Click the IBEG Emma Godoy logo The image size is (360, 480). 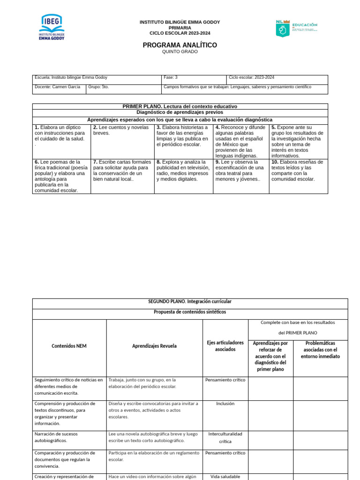point(52,27)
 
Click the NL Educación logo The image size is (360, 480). point(296,28)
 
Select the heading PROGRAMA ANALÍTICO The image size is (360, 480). point(180,45)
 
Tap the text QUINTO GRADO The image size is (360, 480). point(180,52)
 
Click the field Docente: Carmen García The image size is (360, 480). point(59,87)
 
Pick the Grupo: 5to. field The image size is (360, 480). point(124,87)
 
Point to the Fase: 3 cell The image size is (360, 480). point(194,78)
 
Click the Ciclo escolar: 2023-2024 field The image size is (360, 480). point(277,78)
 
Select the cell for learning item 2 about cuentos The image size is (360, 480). point(122,141)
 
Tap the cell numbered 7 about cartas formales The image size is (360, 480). point(122,176)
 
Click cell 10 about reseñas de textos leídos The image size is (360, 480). point(298,176)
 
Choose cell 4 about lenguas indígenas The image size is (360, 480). point(240,141)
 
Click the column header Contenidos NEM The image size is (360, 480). point(69,346)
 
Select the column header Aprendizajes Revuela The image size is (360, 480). point(154,346)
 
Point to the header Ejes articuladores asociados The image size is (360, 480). point(225,346)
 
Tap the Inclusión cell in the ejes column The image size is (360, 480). point(225,404)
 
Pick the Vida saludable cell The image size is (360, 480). point(225,476)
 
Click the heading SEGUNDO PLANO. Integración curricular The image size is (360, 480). point(190,301)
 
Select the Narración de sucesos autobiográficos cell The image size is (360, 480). point(69,437)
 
